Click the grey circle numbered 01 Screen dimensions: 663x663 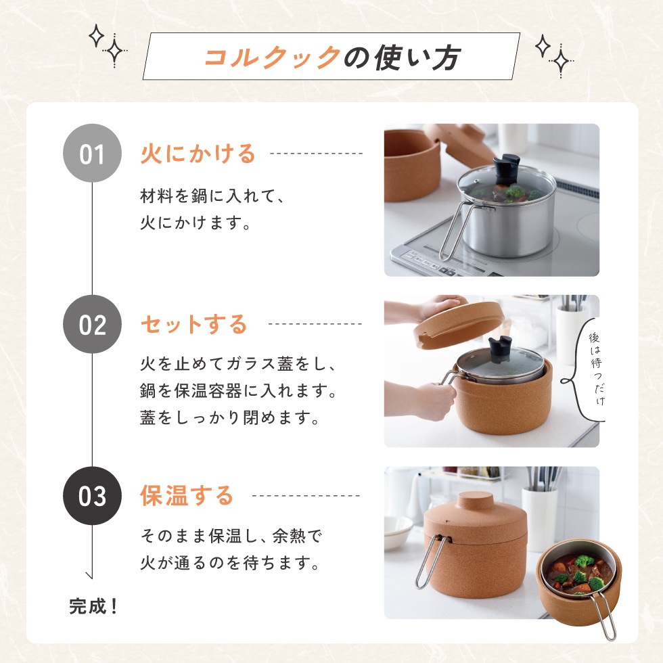pyautogui.click(x=92, y=154)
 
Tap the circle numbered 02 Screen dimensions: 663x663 pyautogui.click(x=92, y=324)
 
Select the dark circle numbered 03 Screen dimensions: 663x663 pyautogui.click(x=92, y=496)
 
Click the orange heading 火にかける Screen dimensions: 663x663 pyautogui.click(x=198, y=154)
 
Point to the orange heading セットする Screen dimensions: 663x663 pyautogui.click(x=193, y=325)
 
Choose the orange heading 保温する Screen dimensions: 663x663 pyautogui.click(x=186, y=496)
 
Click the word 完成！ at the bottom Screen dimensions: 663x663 pyautogui.click(x=94, y=605)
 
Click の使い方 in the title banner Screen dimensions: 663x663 pyautogui.click(x=402, y=58)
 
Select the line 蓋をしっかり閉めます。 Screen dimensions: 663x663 pyautogui.click(x=230, y=417)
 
